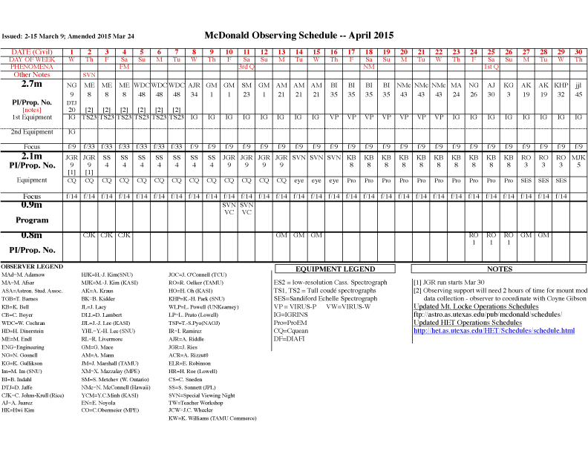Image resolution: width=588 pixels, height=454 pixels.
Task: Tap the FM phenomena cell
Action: [x=124, y=67]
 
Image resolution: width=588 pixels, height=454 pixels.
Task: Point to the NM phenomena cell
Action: [x=368, y=67]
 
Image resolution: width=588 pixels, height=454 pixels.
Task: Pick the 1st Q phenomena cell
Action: [x=491, y=67]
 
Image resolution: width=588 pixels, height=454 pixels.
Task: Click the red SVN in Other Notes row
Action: [x=89, y=75]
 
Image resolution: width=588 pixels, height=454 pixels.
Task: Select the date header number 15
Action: [x=316, y=51]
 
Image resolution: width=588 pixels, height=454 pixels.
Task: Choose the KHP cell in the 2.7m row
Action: [x=561, y=85]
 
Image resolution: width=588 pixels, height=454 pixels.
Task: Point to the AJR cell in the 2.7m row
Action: [x=194, y=85]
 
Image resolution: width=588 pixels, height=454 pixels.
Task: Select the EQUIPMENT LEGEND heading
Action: [x=335, y=269]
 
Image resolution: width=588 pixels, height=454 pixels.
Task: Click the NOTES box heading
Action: [x=498, y=269]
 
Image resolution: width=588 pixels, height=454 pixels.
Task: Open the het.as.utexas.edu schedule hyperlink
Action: [x=494, y=331]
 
